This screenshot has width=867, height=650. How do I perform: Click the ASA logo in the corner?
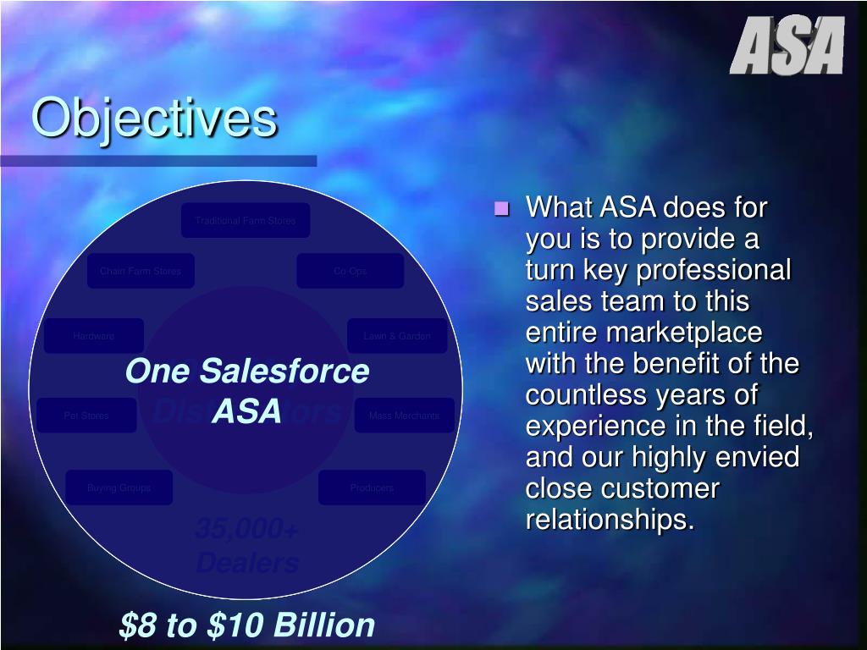[787, 46]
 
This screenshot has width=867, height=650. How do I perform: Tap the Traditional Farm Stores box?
[246, 220]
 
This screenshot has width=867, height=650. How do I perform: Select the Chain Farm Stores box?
[141, 271]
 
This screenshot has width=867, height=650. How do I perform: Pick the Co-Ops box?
[350, 271]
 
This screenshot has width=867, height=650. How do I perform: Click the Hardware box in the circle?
[94, 336]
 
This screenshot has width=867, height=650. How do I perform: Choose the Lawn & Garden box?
[397, 336]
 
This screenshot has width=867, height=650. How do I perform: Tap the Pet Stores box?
[86, 416]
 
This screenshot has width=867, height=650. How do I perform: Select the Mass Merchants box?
[404, 416]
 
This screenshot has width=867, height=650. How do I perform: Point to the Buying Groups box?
[119, 487]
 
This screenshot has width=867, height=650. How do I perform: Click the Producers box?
[372, 487]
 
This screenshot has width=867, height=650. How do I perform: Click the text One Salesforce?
[247, 372]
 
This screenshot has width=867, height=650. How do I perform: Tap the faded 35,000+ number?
[246, 530]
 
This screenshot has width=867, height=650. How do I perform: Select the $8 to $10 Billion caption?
[247, 625]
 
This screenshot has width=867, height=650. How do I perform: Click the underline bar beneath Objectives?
[158, 160]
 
